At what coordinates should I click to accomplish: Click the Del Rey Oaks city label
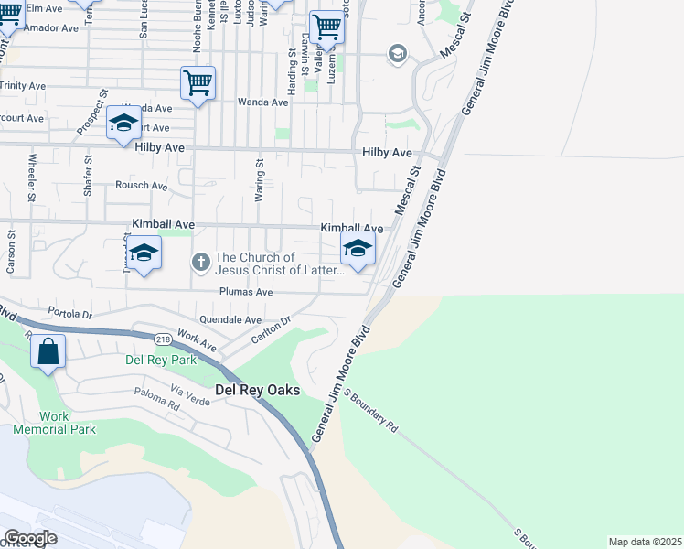click(x=257, y=390)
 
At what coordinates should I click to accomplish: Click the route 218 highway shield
click(x=163, y=339)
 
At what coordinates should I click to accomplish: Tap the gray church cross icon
click(x=200, y=264)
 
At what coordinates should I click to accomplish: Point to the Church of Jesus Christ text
click(x=280, y=264)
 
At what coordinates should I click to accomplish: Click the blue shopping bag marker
click(x=48, y=351)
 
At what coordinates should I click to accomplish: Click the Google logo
click(x=30, y=538)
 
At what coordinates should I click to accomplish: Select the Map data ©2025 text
click(x=645, y=542)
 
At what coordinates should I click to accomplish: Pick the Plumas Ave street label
click(x=246, y=292)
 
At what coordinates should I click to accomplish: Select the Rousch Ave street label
click(x=141, y=186)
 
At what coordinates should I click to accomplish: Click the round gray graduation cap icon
click(x=397, y=55)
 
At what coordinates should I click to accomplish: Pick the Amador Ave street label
click(x=52, y=28)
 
